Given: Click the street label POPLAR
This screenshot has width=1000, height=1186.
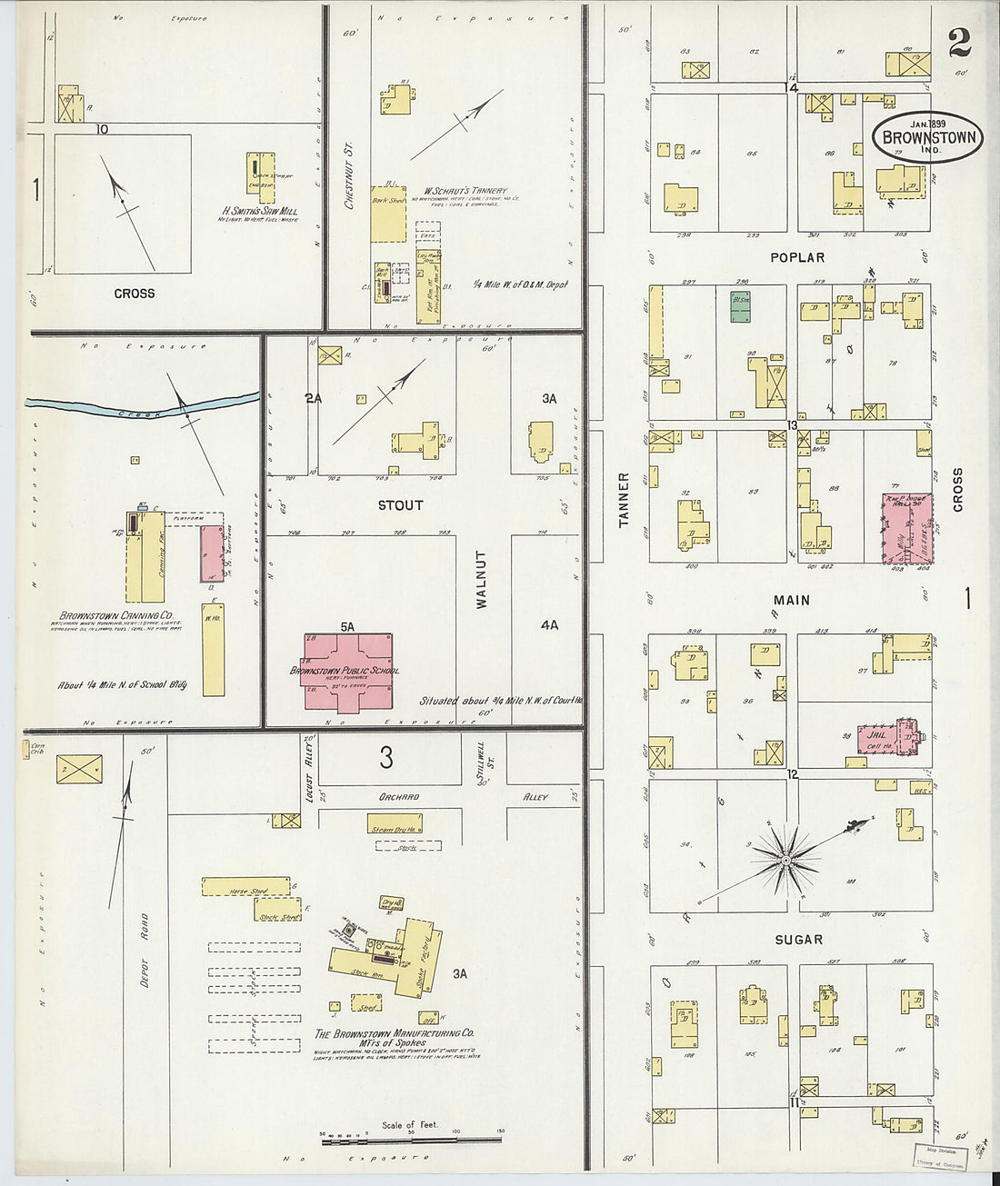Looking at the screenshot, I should [x=796, y=257].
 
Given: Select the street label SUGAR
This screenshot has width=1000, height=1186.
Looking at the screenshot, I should [x=799, y=939].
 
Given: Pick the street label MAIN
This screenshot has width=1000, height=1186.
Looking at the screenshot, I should [x=792, y=600].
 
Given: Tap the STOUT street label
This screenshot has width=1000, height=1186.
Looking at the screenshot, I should [x=400, y=504].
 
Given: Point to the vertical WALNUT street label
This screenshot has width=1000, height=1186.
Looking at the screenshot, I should [x=481, y=578].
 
